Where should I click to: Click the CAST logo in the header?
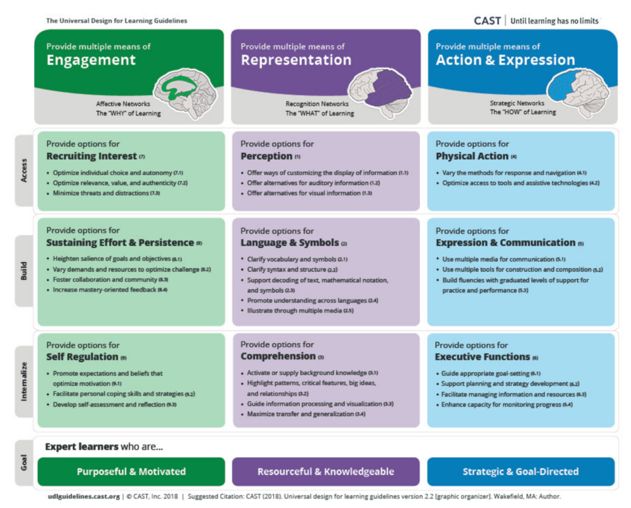click(487, 21)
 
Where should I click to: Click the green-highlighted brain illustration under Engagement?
click(185, 94)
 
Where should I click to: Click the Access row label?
click(24, 170)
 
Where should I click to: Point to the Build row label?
click(24, 271)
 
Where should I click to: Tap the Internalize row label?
click(24, 381)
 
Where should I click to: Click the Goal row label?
click(24, 463)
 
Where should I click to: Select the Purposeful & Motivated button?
click(131, 472)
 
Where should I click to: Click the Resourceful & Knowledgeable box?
click(325, 472)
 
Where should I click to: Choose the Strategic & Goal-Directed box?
click(521, 472)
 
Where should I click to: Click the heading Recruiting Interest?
click(91, 156)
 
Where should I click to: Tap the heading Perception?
click(266, 156)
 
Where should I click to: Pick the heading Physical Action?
click(472, 156)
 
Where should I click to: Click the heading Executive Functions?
click(482, 356)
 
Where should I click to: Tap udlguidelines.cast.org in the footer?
click(84, 496)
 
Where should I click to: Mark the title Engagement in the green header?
click(91, 60)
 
